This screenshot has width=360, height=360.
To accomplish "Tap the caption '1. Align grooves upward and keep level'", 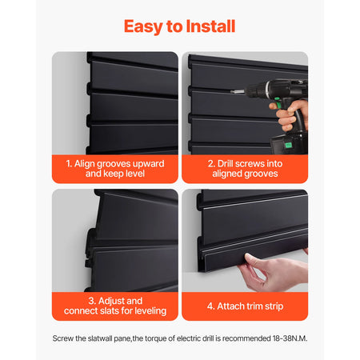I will (x=115, y=167).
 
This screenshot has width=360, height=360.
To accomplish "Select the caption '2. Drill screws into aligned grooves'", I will (x=244, y=167).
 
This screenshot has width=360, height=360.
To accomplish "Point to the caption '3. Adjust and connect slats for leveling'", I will (x=115, y=305).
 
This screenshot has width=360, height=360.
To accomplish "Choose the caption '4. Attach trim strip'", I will (x=244, y=305).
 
